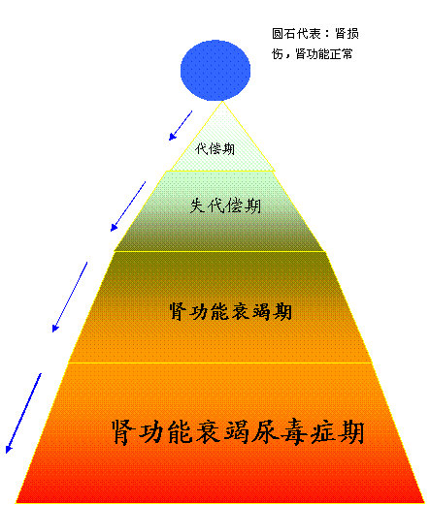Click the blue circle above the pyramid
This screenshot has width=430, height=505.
(x=215, y=70)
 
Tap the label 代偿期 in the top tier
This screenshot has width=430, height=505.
(x=215, y=149)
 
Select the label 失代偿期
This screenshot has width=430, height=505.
(x=225, y=205)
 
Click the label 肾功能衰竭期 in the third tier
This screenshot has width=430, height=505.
(x=231, y=311)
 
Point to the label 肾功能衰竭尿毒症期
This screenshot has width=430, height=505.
(x=238, y=432)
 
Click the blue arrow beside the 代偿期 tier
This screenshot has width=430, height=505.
(x=181, y=126)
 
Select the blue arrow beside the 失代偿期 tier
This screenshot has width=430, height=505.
(x=128, y=206)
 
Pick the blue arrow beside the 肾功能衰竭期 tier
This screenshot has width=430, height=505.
(x=70, y=297)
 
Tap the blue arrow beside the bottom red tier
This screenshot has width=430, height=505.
(x=23, y=413)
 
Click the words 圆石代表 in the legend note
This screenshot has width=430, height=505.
(x=296, y=34)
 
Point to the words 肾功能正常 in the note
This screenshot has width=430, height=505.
(x=324, y=54)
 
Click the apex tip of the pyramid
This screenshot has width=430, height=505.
(x=222, y=102)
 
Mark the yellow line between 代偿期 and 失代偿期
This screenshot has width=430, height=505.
(x=221, y=171)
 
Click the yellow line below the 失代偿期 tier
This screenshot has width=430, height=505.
(x=219, y=251)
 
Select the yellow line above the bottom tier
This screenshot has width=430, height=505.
(x=220, y=363)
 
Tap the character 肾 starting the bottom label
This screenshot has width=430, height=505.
(x=123, y=432)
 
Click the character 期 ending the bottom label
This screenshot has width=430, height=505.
(x=351, y=432)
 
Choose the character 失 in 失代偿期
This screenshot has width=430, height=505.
(x=197, y=205)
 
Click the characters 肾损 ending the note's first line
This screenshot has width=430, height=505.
(x=347, y=34)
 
